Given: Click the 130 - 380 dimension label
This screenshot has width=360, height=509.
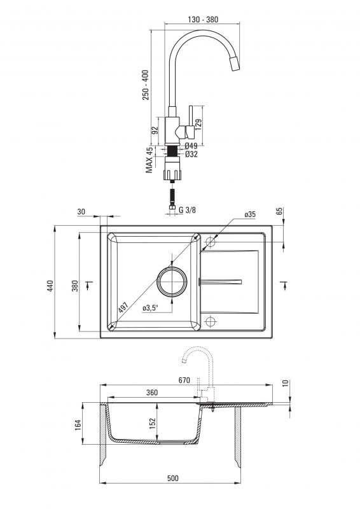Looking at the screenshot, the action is (203, 20).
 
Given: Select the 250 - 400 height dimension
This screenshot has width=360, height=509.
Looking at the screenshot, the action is (146, 85).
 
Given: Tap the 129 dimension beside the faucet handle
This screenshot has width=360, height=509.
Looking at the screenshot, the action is (198, 124).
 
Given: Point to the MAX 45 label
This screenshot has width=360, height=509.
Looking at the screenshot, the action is (149, 160).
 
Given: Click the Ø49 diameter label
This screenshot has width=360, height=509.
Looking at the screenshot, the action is (191, 146).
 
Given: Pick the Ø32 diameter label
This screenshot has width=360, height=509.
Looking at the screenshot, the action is (191, 154).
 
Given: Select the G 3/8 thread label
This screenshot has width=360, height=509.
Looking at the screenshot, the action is (187, 210).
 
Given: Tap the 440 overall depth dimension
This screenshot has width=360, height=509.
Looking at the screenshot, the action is (50, 286).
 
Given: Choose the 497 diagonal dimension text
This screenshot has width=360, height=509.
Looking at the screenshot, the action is (123, 307).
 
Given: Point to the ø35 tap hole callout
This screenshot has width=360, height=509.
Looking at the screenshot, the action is (250, 214).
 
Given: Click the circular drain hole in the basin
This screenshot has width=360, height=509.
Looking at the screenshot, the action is (172, 281).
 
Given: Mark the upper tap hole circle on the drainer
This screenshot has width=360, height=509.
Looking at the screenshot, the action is (211, 242).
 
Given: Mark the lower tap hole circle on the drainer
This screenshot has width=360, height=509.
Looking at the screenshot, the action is (211, 321).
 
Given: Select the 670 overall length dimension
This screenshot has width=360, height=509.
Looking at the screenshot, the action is (184, 380).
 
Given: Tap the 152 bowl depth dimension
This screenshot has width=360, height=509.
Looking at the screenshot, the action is (153, 424).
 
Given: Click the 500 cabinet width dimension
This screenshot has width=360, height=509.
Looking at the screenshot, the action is (173, 478).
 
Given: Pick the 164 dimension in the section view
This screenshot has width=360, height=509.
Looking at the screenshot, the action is (78, 425).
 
